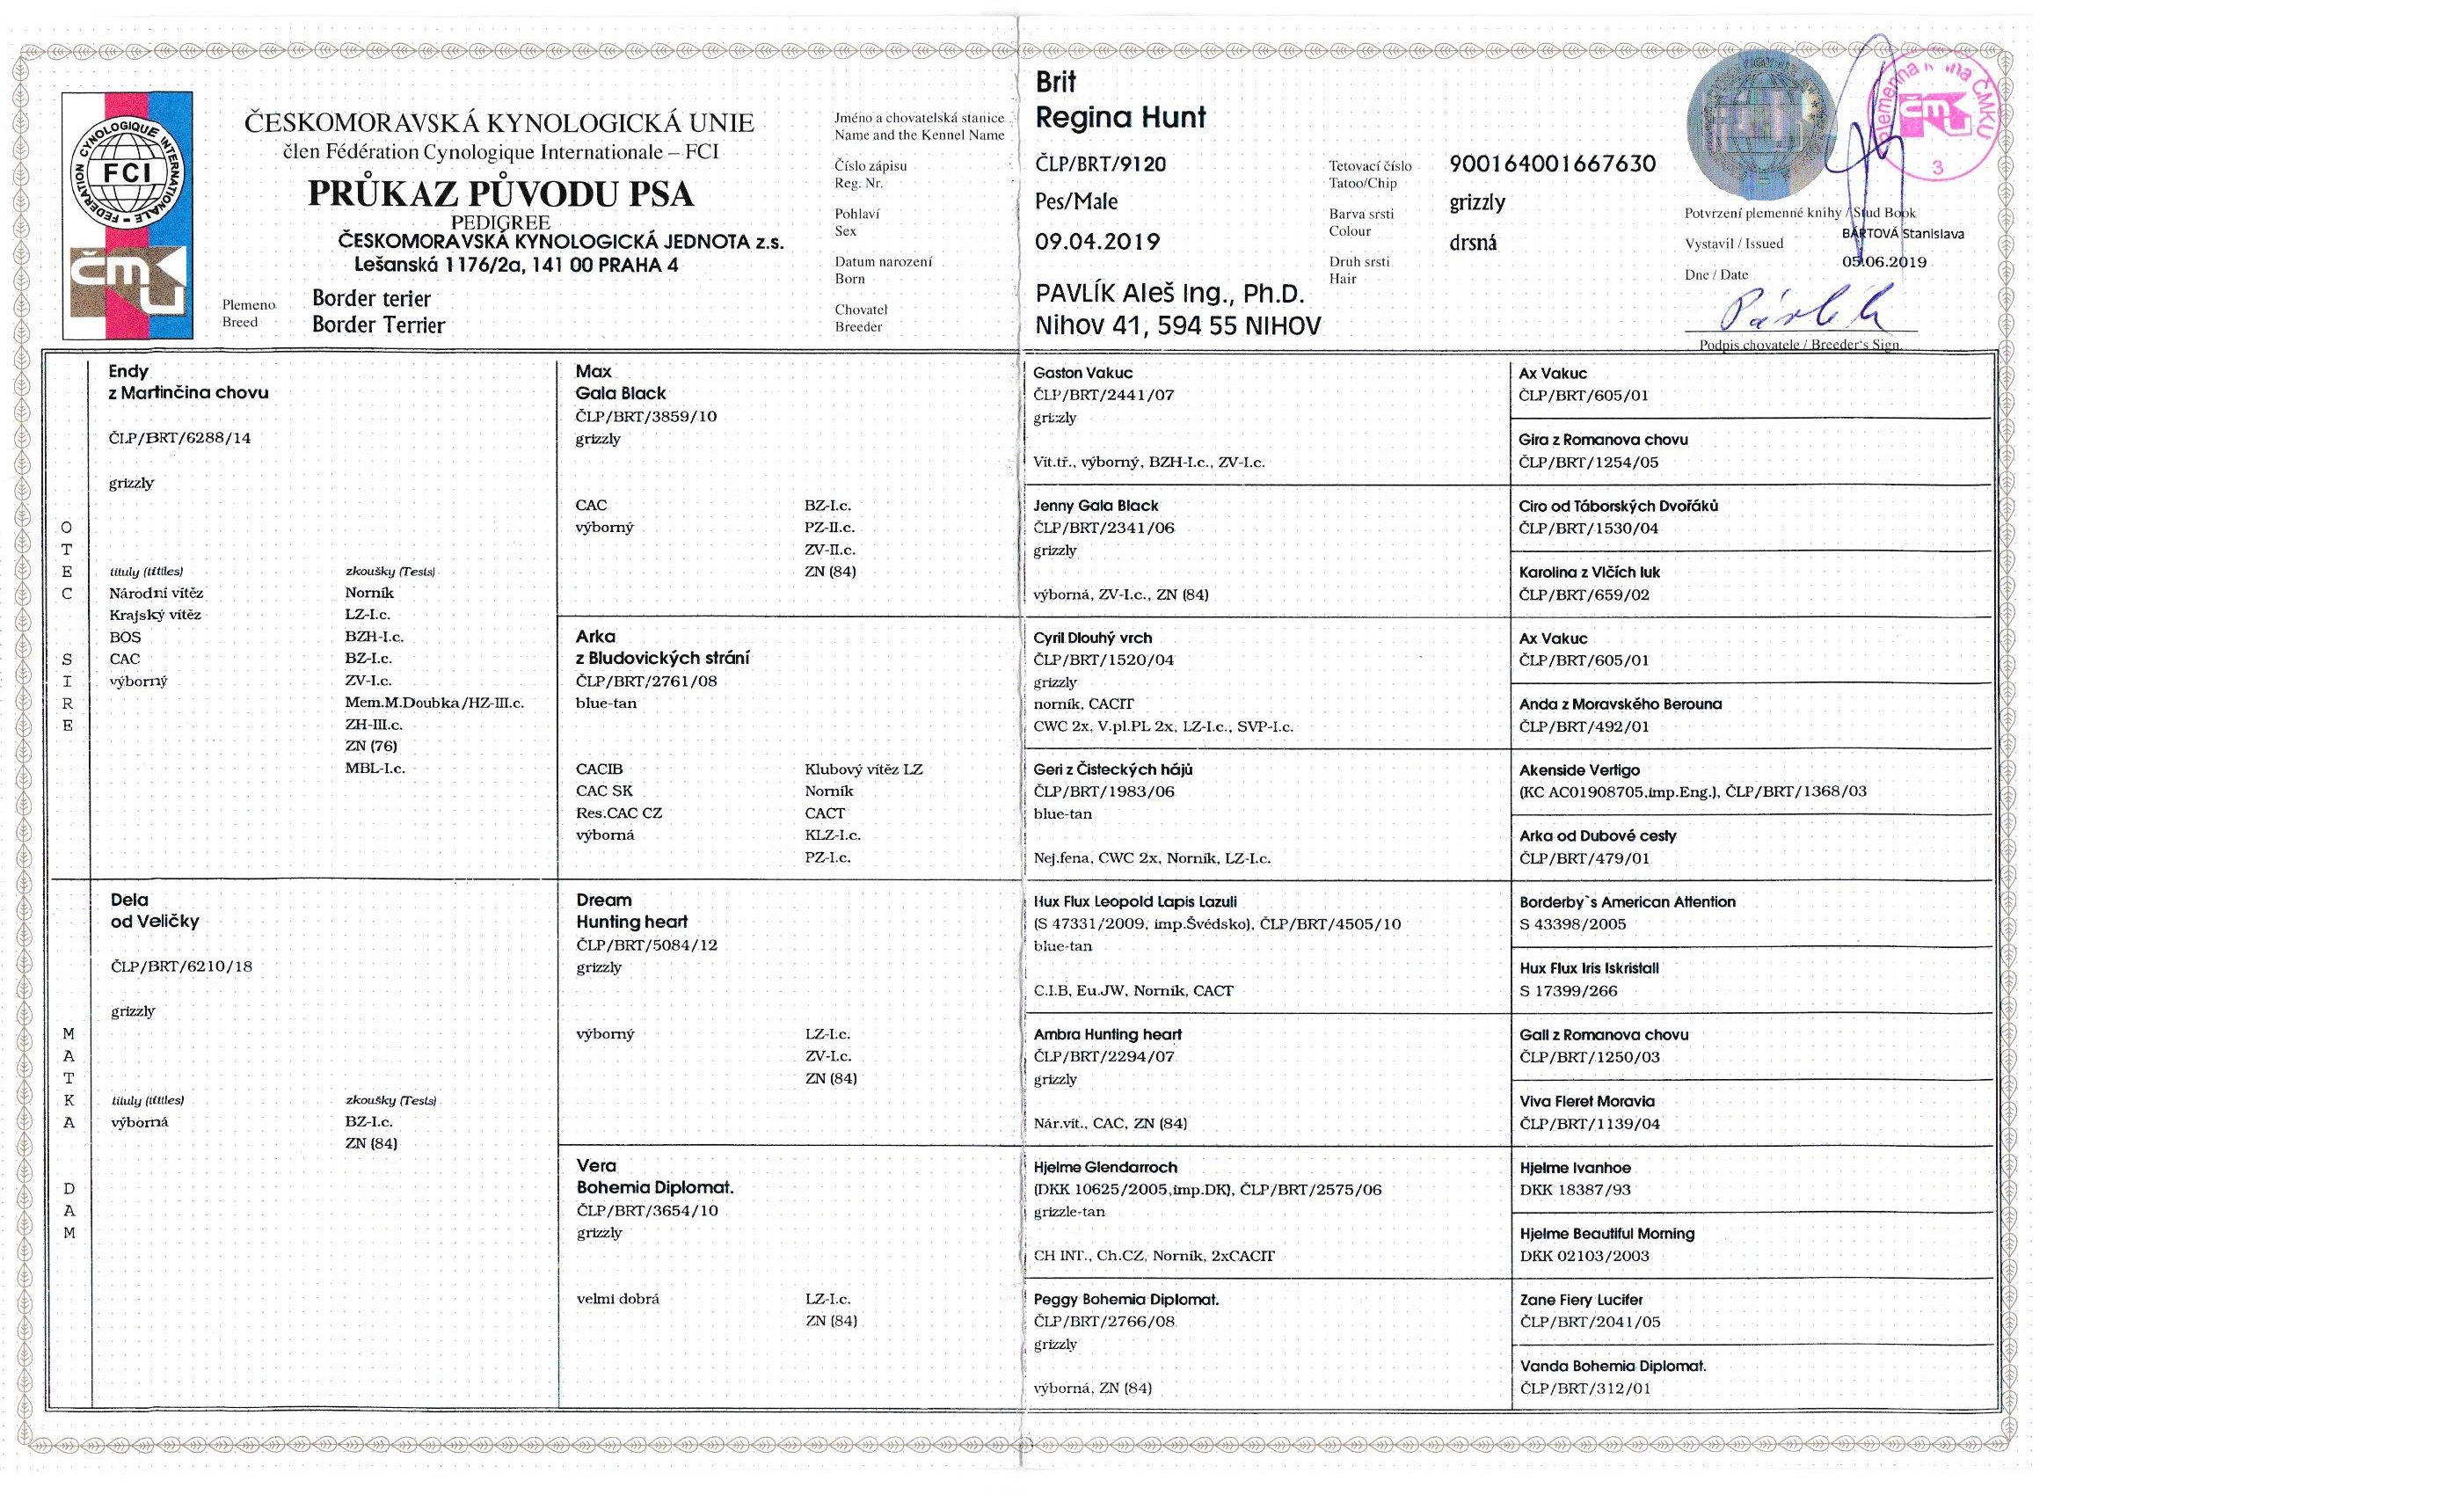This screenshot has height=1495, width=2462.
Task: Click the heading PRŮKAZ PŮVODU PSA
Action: pyautogui.click(x=499, y=193)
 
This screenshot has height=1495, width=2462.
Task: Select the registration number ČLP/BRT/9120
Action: pyautogui.click(x=1100, y=164)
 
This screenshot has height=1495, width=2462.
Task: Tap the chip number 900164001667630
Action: pyautogui.click(x=1552, y=164)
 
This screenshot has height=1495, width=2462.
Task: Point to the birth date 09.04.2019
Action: pyautogui.click(x=1097, y=242)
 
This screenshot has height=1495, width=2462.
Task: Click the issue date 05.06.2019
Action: pyautogui.click(x=1883, y=262)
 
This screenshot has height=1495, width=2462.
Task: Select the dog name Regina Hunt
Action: pyautogui.click(x=1120, y=118)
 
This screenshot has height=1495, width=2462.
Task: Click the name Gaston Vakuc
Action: pyautogui.click(x=1082, y=373)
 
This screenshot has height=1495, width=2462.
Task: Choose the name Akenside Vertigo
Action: pyautogui.click(x=1578, y=769)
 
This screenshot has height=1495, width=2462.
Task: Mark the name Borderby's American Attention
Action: pyautogui.click(x=1627, y=901)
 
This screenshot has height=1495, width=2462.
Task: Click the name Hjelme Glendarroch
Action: pyautogui.click(x=1105, y=1167)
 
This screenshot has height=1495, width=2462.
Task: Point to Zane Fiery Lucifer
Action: pyautogui.click(x=1581, y=1299)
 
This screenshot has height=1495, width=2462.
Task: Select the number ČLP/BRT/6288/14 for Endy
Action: pyautogui.click(x=180, y=438)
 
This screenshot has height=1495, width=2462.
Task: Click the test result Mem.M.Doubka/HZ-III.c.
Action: pyautogui.click(x=433, y=703)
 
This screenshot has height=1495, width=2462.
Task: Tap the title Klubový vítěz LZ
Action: pyautogui.click(x=863, y=769)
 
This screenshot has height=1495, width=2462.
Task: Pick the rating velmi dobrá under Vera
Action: pyautogui.click(x=617, y=1299)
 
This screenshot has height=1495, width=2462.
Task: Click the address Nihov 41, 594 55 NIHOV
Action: pyautogui.click(x=1178, y=325)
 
